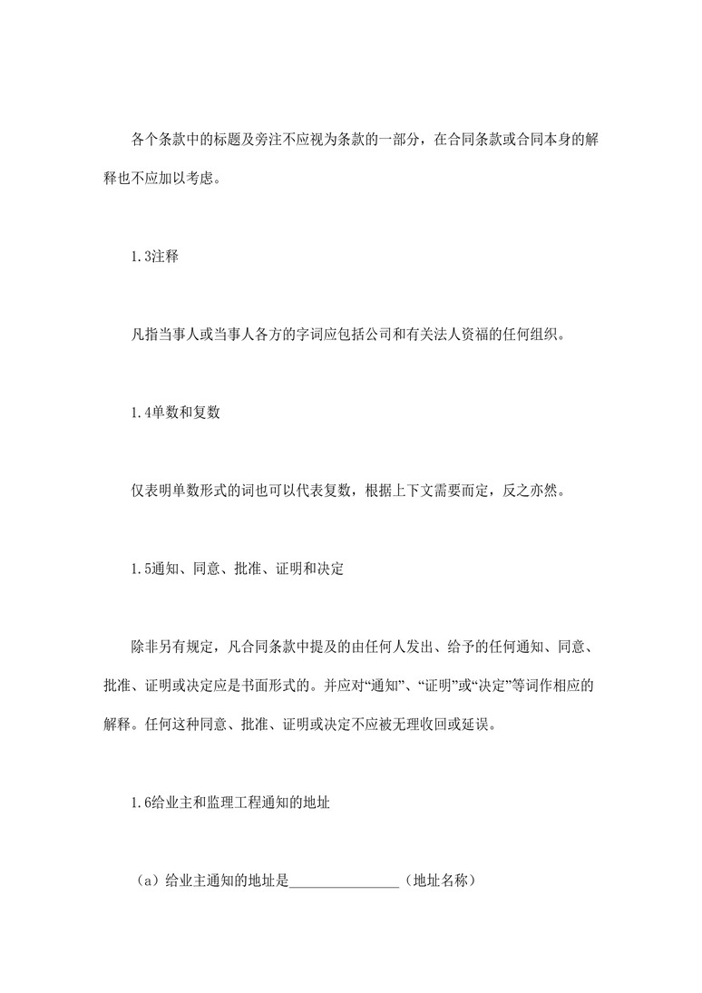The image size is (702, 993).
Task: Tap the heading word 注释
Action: pyautogui.click(x=166, y=257)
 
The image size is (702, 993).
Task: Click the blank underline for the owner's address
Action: pyautogui.click(x=346, y=881)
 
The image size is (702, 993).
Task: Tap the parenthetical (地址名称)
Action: pyautogui.click(x=440, y=881)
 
